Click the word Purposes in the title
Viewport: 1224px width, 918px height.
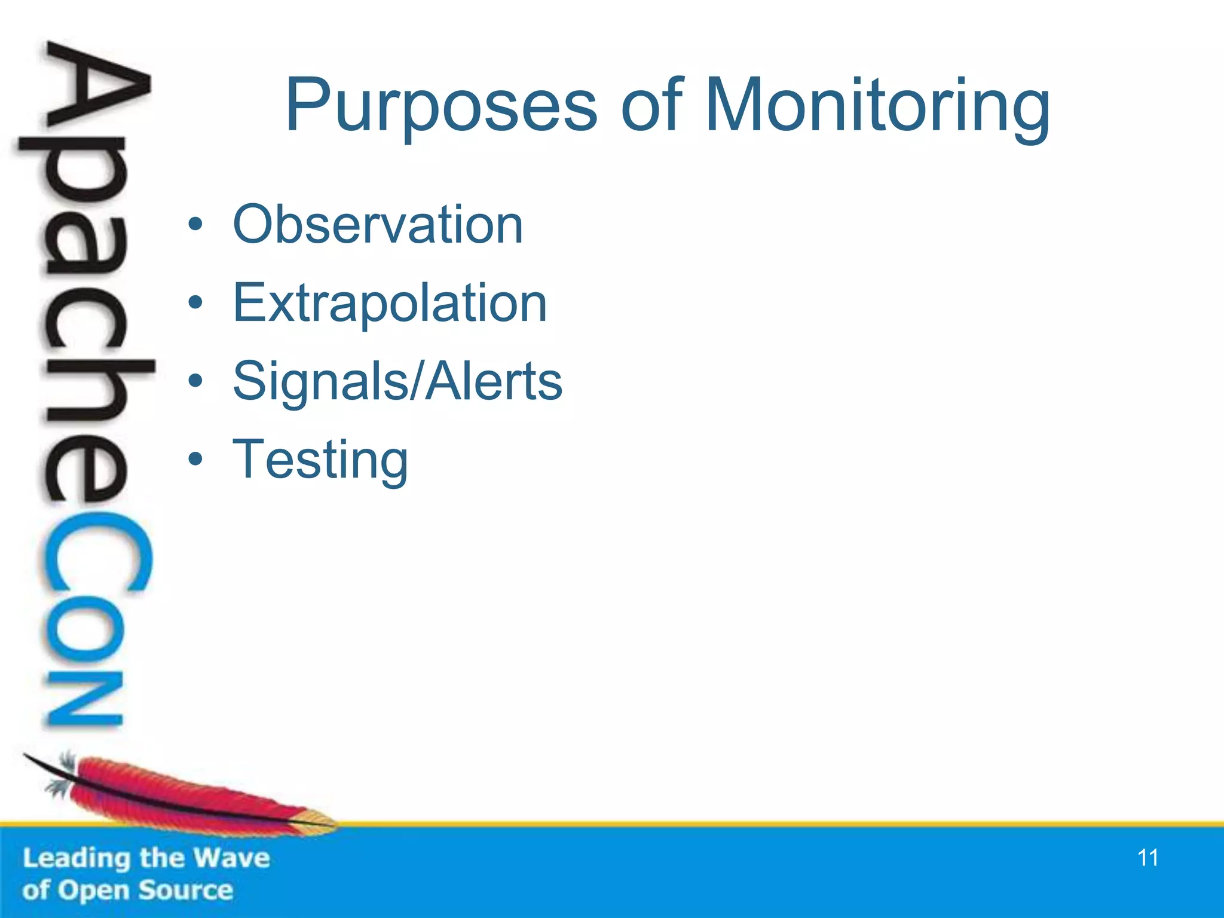441,106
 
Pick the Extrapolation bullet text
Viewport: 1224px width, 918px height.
390,303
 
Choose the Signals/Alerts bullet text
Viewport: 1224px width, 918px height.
397,381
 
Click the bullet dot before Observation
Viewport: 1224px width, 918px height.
195,225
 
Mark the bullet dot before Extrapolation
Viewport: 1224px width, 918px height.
195,304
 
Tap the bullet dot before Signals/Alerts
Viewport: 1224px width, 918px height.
195,382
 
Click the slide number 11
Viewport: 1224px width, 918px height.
1147,858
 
